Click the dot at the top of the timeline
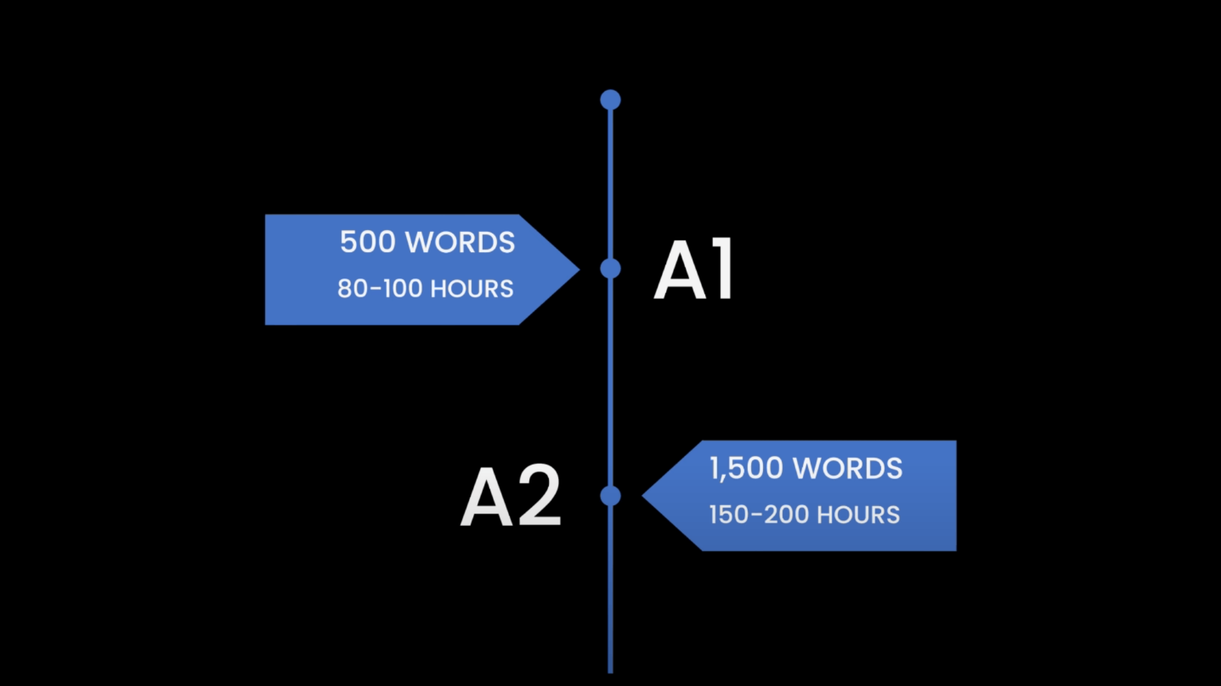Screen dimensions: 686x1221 click(x=610, y=99)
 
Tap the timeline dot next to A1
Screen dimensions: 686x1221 click(x=610, y=269)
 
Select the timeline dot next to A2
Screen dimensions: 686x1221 click(x=610, y=496)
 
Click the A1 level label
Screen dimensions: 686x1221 click(x=694, y=270)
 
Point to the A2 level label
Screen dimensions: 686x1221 click(x=510, y=496)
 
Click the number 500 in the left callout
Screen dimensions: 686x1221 click(x=368, y=242)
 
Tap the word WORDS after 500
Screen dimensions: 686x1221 click(x=460, y=242)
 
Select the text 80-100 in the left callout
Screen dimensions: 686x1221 click(x=380, y=289)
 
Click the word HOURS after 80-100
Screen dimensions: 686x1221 click(x=472, y=289)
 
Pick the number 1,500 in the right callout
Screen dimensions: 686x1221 click(x=746, y=469)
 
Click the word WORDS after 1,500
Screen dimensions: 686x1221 click(x=848, y=469)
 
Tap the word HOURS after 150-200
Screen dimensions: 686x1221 click(x=858, y=515)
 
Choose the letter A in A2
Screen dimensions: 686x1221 click(x=487, y=496)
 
